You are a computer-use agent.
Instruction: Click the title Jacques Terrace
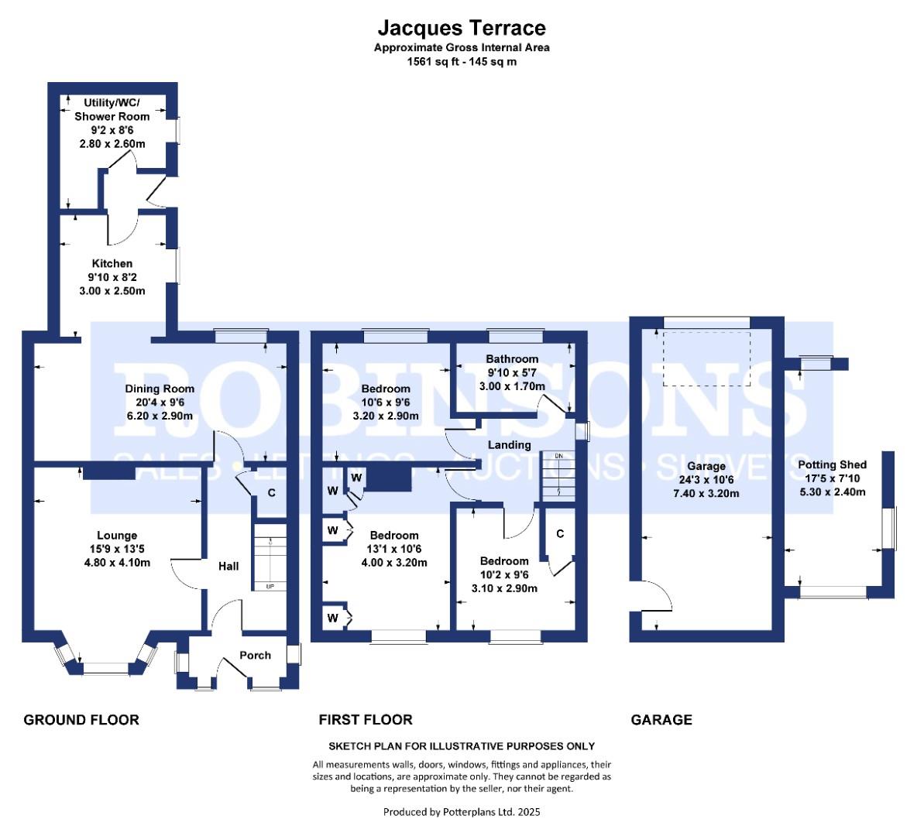[x=462, y=28]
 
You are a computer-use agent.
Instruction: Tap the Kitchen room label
[x=112, y=263]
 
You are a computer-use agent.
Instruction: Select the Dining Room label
[x=160, y=389]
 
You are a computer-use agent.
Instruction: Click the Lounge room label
[x=117, y=536]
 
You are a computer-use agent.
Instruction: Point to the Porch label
[x=255, y=655]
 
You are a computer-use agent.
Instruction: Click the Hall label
[x=228, y=566]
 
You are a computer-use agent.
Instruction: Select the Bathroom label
[x=512, y=359]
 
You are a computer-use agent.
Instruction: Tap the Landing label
[x=509, y=445]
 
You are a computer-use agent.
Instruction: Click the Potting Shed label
[x=832, y=465]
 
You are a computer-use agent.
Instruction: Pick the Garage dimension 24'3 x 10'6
[x=706, y=480]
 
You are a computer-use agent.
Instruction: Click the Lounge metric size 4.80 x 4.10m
[x=117, y=563]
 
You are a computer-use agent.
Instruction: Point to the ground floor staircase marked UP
[x=270, y=564]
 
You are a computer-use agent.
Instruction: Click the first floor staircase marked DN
[x=558, y=475]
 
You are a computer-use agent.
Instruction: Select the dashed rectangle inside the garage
[x=706, y=359]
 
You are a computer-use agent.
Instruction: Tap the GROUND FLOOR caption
[x=81, y=720]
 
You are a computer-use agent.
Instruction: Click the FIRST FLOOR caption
[x=366, y=720]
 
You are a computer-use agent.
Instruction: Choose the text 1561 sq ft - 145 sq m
[x=462, y=62]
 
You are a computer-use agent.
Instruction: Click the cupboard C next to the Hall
[x=271, y=492]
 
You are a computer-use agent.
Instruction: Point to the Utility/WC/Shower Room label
[x=112, y=110]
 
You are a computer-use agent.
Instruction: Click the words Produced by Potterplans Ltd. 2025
[x=462, y=812]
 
